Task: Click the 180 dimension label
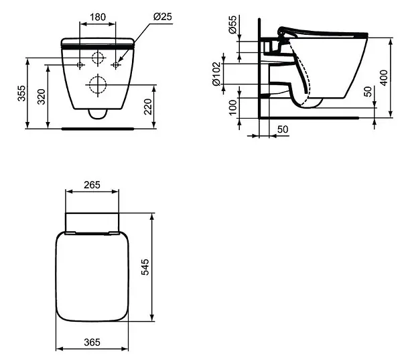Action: click(x=98, y=17)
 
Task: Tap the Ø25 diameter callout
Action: click(x=163, y=17)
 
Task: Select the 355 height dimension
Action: click(x=22, y=93)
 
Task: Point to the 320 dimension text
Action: click(x=42, y=97)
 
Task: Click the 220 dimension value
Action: click(x=148, y=107)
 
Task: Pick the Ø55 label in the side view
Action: click(x=232, y=25)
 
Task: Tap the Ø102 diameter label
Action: click(x=216, y=74)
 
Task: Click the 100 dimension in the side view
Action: click(x=233, y=108)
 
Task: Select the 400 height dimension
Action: click(x=384, y=78)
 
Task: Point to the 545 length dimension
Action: click(x=145, y=267)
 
